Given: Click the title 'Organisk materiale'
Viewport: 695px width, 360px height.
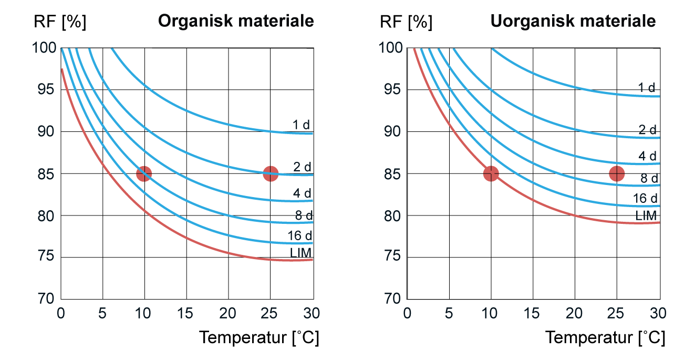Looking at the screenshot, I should tap(236, 22).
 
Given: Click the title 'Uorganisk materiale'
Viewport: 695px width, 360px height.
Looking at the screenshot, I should tap(573, 22).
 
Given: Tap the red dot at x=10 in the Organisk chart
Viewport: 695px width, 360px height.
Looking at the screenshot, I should tap(143, 173).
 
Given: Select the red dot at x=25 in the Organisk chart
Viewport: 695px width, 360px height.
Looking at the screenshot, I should tap(271, 173).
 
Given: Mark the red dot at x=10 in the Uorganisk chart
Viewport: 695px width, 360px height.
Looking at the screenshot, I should tap(491, 173).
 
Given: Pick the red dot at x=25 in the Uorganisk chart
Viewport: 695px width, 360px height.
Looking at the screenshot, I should tap(617, 173).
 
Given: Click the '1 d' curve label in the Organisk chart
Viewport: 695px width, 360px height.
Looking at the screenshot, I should tap(302, 125).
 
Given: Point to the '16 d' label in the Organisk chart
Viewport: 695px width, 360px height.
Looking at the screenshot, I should tap(300, 235).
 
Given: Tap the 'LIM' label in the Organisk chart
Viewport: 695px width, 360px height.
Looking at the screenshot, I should tap(301, 253).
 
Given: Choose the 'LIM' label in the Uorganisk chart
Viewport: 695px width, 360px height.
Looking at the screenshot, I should tap(646, 215).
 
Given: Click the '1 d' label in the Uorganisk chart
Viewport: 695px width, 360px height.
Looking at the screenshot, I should tap(647, 88).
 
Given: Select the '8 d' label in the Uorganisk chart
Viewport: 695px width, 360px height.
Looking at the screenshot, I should tap(649, 179).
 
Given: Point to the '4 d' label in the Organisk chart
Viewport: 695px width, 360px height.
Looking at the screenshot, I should tap(302, 193).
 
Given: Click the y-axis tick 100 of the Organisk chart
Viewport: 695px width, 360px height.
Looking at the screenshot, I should tap(45, 48).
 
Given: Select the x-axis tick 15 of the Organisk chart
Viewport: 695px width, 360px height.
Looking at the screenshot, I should tap(185, 313).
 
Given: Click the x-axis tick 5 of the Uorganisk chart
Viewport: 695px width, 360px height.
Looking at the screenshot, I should tap(449, 313).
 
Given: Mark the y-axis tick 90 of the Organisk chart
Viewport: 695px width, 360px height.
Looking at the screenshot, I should tap(47, 131).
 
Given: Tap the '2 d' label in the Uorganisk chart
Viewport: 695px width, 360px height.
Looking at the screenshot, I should tap(647, 130).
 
